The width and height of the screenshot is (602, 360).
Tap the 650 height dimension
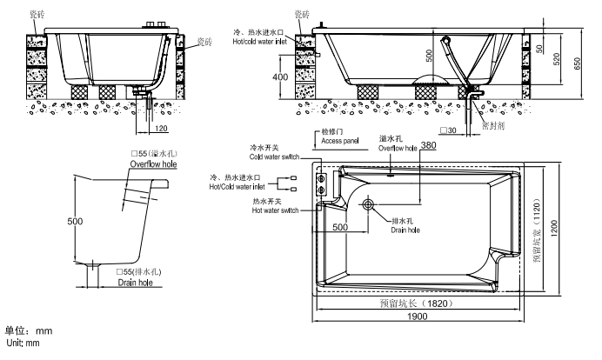pos(579,63)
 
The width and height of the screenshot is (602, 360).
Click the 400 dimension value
pos(279,77)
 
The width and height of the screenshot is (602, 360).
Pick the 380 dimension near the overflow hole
pos(427,144)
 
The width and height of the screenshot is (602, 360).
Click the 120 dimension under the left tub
pos(161,128)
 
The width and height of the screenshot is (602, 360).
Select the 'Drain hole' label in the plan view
pos(405,230)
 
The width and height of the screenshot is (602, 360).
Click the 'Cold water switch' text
pos(275,157)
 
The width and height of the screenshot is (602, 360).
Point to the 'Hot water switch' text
pos(275,211)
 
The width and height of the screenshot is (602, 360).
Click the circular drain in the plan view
pos(369,205)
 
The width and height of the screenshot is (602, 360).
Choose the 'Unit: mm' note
pos(23,343)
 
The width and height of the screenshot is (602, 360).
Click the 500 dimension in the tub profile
pos(76,221)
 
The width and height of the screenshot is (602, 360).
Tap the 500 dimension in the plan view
pos(340,227)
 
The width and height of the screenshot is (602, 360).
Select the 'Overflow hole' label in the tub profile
pos(153,163)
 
